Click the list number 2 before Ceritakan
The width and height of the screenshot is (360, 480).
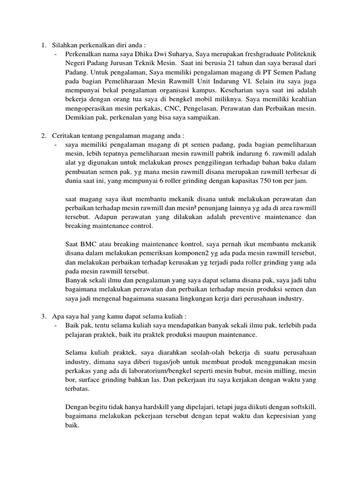click(43, 135)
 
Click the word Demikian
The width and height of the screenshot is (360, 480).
click(79, 118)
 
